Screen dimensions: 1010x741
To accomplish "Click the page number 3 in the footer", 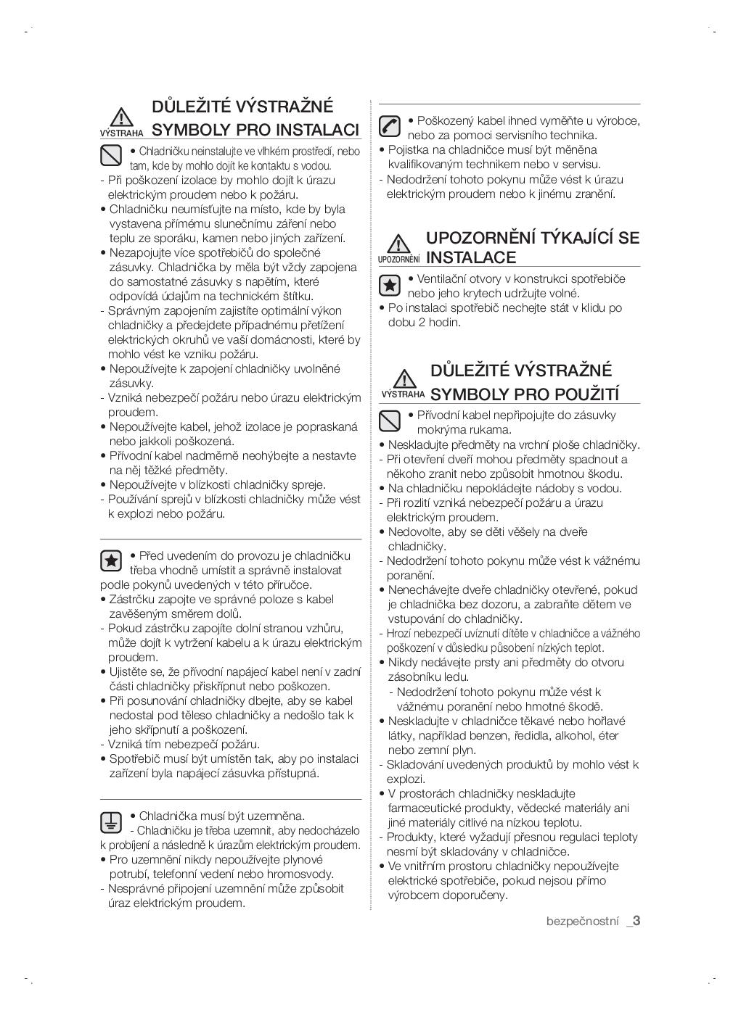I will (x=636, y=921).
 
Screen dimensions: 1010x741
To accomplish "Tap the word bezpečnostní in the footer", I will (x=582, y=922).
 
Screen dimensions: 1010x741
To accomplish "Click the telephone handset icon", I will (x=390, y=126).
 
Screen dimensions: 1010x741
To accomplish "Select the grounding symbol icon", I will (x=110, y=821).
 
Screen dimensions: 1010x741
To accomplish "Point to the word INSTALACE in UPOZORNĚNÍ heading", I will (x=471, y=257).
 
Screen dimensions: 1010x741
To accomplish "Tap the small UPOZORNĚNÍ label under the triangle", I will (x=398, y=259).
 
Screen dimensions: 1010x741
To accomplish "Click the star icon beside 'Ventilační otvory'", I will (x=390, y=285).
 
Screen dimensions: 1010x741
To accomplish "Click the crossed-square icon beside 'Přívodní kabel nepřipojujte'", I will (x=390, y=421).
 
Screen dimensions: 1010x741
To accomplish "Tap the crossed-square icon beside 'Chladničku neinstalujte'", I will (x=110, y=155).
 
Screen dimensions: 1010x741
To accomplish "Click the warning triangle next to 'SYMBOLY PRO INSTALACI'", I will (x=121, y=117).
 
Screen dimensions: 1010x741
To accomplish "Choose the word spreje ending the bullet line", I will (x=308, y=484).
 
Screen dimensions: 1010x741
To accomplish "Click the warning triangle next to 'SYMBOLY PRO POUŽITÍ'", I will (x=404, y=378).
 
